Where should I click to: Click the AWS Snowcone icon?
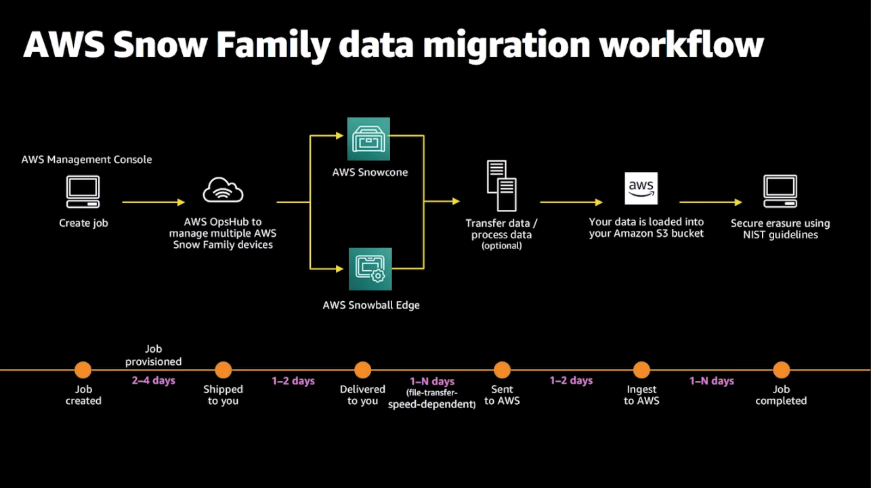click(369, 139)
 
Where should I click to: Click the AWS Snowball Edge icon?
click(370, 269)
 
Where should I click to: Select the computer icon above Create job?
click(83, 192)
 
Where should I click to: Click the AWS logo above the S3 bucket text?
click(641, 188)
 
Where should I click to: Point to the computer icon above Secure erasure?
click(780, 191)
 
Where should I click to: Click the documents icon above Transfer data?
click(501, 185)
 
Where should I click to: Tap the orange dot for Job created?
click(83, 370)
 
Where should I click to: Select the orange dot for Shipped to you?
click(223, 370)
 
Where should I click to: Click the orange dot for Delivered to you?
click(362, 370)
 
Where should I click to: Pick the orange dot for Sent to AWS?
click(502, 370)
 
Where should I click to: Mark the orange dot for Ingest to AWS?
click(641, 370)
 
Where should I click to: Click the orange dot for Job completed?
click(782, 370)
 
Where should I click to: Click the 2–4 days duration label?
click(154, 380)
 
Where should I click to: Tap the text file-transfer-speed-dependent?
click(432, 399)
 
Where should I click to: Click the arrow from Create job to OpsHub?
click(153, 202)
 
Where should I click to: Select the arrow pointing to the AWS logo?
click(571, 202)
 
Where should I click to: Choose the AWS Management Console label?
click(87, 160)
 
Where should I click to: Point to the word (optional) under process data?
click(501, 246)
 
